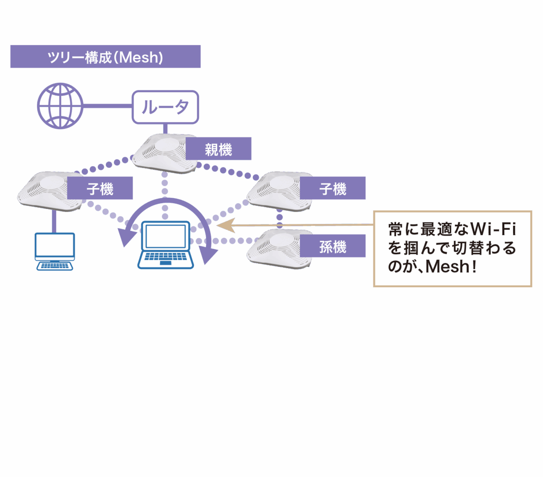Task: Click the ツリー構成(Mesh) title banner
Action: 105,57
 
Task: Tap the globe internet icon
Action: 60,106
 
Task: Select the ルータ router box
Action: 165,107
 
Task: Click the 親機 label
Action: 219,149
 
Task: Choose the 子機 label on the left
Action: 100,188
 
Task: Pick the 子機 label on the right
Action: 333,188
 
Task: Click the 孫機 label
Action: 333,246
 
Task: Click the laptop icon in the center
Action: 166,245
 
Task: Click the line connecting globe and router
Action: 107,106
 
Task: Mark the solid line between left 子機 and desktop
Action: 54,221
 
